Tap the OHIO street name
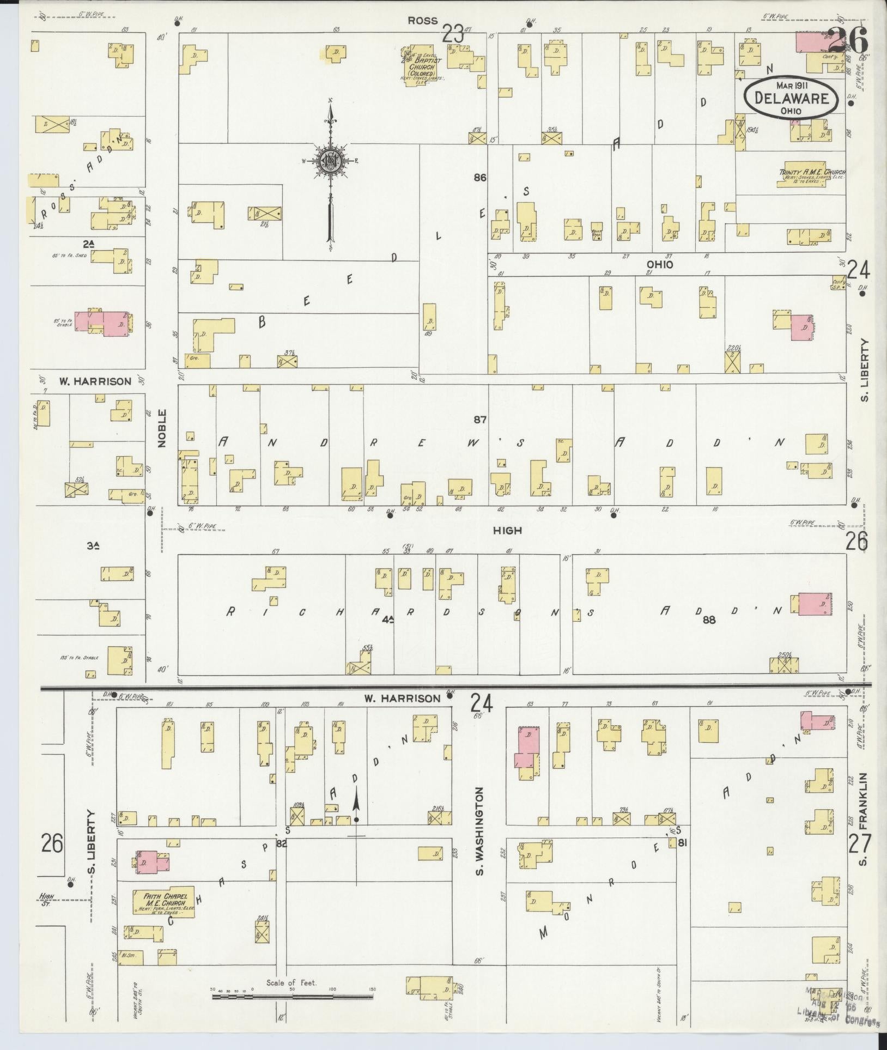(x=660, y=265)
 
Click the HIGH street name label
(x=508, y=530)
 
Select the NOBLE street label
(x=161, y=428)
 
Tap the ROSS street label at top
(x=422, y=21)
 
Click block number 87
(x=480, y=420)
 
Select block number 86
(x=480, y=177)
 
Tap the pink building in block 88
(x=815, y=604)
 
